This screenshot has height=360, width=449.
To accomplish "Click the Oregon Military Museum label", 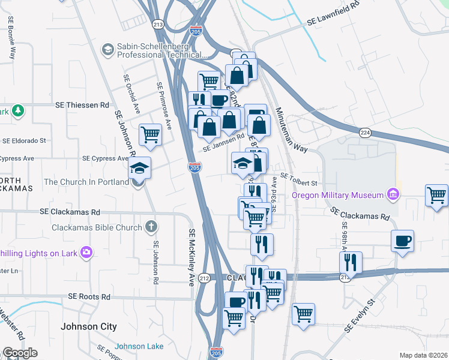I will click(x=337, y=195).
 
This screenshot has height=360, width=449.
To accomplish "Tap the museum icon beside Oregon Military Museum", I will click(x=393, y=194).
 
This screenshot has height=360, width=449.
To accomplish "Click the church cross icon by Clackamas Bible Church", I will click(x=151, y=227).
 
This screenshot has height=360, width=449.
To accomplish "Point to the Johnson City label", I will click(x=89, y=327).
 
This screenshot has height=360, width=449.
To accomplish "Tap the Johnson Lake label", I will click(x=139, y=346).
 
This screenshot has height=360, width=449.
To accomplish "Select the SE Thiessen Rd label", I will click(x=79, y=104).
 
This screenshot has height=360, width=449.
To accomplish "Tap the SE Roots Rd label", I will click(x=89, y=296).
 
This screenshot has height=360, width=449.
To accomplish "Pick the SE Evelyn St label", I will click(x=360, y=316).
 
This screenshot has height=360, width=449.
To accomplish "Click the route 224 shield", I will click(x=365, y=132).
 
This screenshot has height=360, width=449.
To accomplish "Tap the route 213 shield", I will click(x=158, y=25).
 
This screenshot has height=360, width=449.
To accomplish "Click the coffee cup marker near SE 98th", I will click(x=402, y=241).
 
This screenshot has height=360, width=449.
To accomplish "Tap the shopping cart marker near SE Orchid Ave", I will click(x=150, y=135).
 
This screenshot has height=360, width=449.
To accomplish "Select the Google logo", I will click(x=20, y=353).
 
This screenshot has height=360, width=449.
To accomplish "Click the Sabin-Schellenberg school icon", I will click(x=108, y=48).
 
